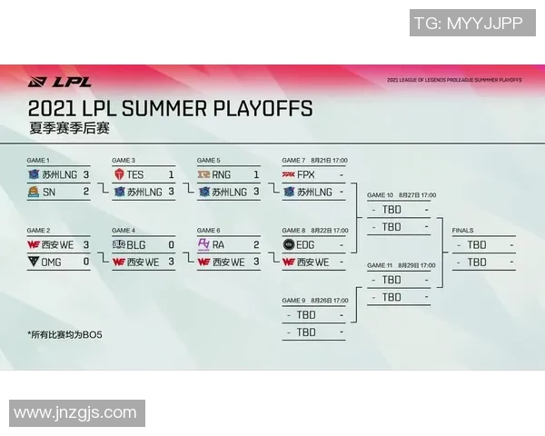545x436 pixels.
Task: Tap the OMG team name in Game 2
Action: [x=52, y=262]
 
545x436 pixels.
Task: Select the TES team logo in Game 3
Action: [x=118, y=173]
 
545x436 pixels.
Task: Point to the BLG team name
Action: [x=135, y=244]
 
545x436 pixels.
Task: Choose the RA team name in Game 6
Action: [x=219, y=244]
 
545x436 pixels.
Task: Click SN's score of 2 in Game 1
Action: [x=86, y=192]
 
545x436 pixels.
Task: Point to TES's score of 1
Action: [x=172, y=173]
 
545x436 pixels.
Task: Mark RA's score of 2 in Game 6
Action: [x=257, y=244]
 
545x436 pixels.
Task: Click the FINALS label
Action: [x=462, y=231]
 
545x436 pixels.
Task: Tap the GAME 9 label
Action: [x=293, y=301]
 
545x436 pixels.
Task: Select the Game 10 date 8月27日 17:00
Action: [x=417, y=195]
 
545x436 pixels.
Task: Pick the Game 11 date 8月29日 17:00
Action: [x=417, y=265]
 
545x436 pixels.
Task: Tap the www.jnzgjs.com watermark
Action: [x=76, y=413]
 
